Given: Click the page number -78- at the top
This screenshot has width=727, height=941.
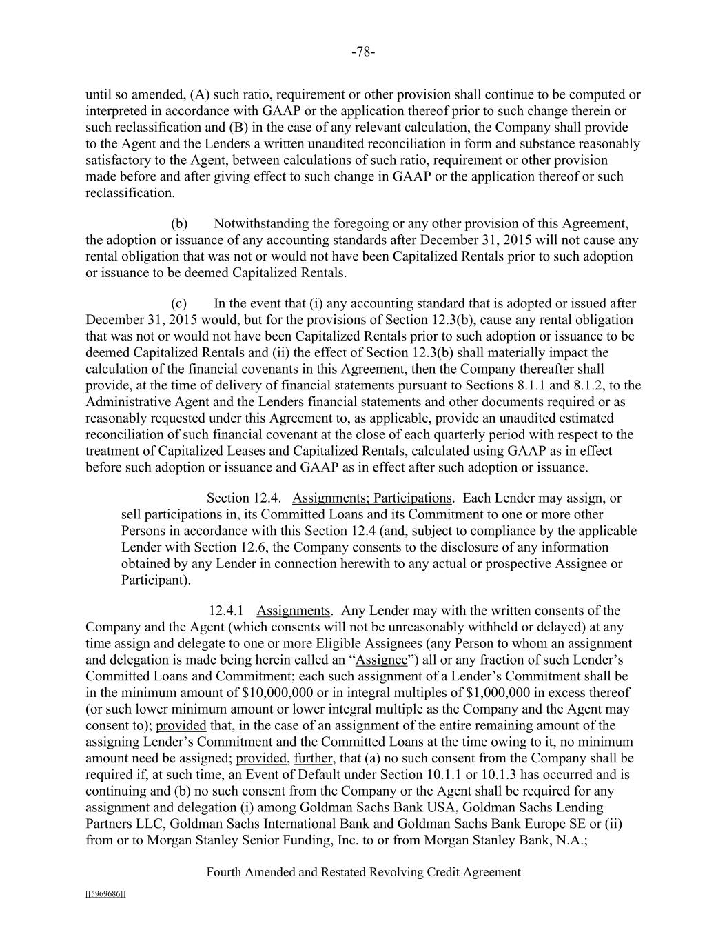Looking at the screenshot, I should point(363,52).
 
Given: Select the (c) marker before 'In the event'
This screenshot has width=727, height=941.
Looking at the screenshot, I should point(179,303).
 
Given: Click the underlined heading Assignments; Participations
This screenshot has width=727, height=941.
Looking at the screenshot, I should point(372,498).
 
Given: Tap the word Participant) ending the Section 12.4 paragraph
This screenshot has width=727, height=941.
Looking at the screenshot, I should point(156,580).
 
